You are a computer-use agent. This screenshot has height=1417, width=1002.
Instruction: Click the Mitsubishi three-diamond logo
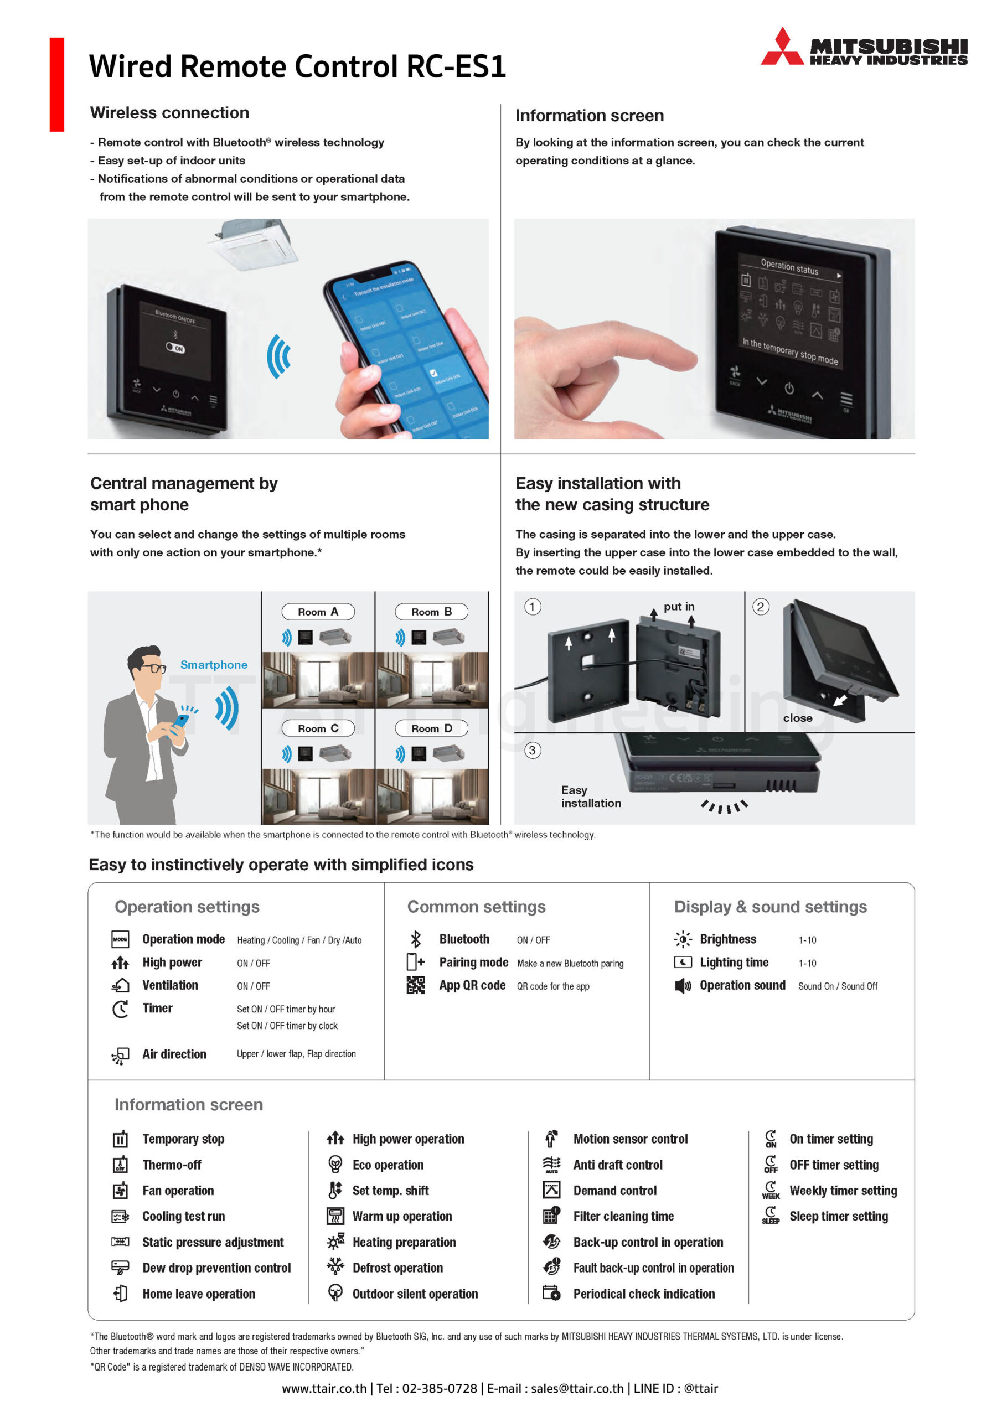[782, 47]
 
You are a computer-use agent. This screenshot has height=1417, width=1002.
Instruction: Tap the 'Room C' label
[318, 728]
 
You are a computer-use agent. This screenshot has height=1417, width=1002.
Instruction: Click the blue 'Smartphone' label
[214, 665]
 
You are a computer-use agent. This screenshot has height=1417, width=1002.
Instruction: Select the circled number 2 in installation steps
[761, 607]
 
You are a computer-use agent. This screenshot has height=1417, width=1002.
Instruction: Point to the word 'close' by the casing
[798, 718]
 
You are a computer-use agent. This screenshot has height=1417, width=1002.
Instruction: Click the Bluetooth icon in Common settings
[416, 939]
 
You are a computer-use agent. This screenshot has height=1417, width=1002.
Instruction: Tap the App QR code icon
[416, 986]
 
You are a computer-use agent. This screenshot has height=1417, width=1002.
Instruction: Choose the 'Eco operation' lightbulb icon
[335, 1164]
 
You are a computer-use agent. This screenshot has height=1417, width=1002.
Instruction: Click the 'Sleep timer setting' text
[838, 1216]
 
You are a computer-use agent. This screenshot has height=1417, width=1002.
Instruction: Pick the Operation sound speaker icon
[682, 986]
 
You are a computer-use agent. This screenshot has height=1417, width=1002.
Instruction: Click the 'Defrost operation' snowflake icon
[335, 1267]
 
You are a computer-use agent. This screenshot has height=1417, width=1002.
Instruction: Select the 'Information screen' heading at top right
[590, 116]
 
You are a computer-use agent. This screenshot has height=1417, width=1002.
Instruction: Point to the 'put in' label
[679, 607]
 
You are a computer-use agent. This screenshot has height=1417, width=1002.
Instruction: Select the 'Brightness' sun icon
[682, 939]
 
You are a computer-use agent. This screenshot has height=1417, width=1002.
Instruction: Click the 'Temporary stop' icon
[120, 1139]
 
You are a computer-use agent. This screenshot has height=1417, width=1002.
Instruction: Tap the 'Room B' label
[432, 612]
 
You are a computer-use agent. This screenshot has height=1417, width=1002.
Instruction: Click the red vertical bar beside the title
[57, 85]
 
